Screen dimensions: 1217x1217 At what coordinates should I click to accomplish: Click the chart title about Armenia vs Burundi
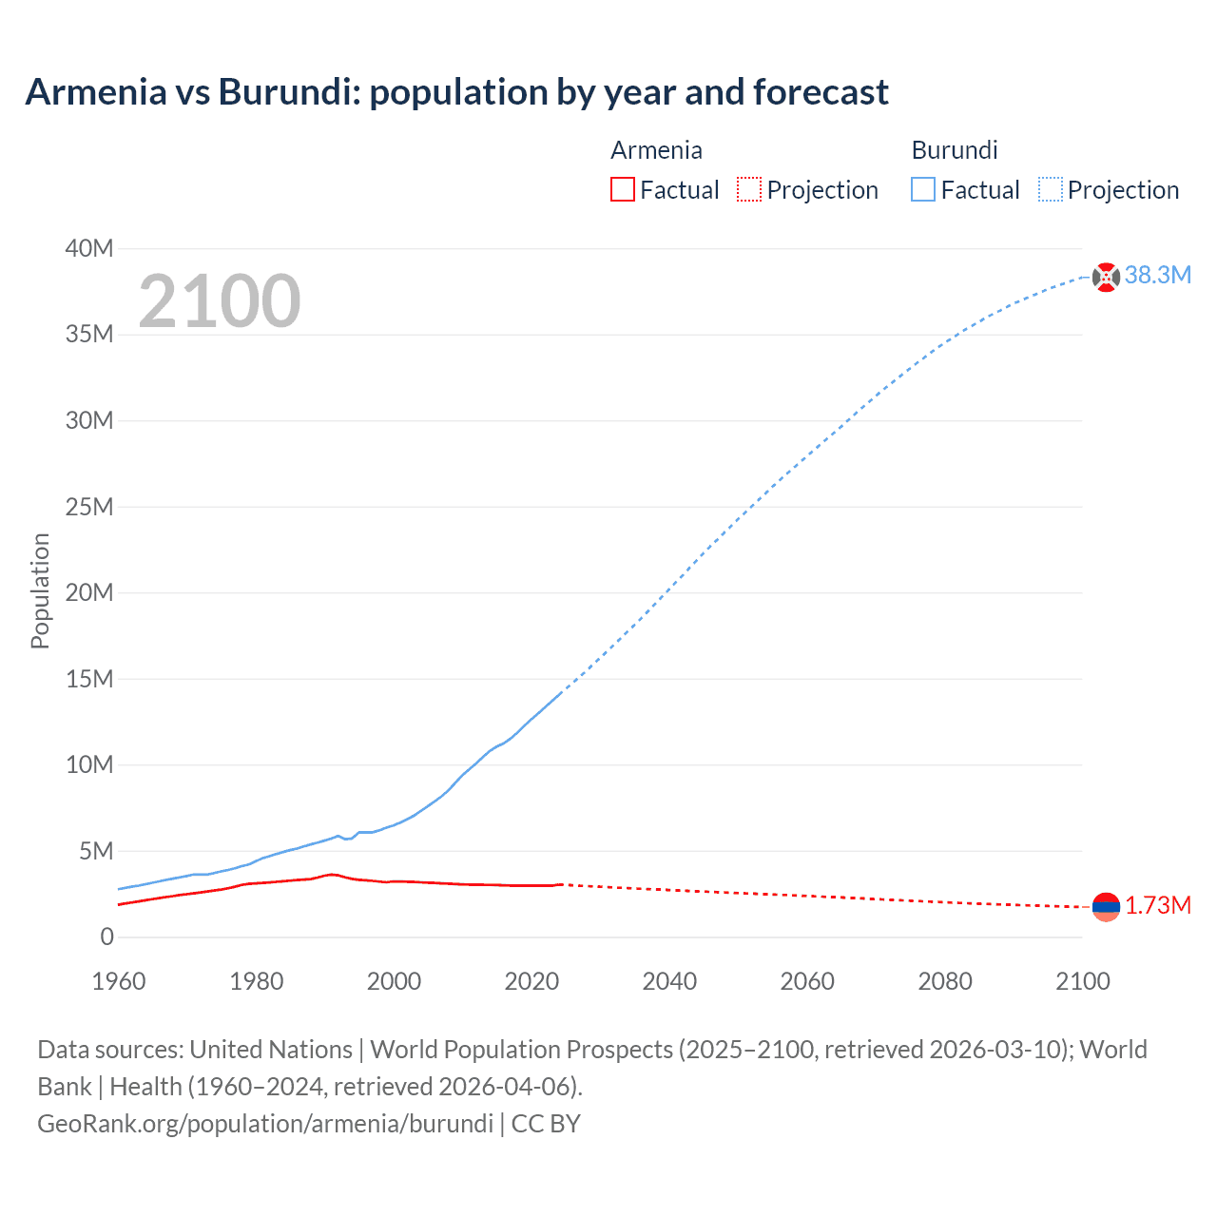tap(456, 92)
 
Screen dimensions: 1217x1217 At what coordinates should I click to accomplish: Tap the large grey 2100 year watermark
tap(220, 301)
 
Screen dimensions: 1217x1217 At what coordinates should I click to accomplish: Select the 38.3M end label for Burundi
tap(1157, 276)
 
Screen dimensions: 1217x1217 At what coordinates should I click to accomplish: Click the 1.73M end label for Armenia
tap(1157, 905)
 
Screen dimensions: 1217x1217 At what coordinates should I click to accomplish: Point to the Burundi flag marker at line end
tap(1106, 277)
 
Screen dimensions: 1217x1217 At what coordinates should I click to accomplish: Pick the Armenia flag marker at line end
tap(1106, 907)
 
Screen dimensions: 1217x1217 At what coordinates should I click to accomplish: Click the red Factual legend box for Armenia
tap(622, 190)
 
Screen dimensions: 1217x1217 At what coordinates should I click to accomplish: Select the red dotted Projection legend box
tap(749, 190)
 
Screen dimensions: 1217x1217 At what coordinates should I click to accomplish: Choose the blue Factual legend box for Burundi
tap(923, 190)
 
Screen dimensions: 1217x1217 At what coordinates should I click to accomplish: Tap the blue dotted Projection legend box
tap(1050, 190)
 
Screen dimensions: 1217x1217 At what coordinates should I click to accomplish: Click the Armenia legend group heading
tap(656, 150)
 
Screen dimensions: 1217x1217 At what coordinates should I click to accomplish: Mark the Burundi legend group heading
tap(955, 150)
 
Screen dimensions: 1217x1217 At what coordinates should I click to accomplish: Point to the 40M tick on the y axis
tap(89, 249)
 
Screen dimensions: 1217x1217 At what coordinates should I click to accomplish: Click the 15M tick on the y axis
tap(89, 679)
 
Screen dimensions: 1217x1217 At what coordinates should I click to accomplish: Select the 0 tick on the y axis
tap(106, 937)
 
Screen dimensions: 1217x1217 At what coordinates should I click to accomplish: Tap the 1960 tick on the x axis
tap(119, 981)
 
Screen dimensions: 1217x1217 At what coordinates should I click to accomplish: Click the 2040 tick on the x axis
tap(669, 981)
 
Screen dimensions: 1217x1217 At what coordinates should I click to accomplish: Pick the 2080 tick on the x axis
tap(945, 981)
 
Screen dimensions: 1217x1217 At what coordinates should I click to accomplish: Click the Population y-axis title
tap(40, 590)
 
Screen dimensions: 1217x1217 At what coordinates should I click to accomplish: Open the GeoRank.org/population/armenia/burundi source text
tap(265, 1124)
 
